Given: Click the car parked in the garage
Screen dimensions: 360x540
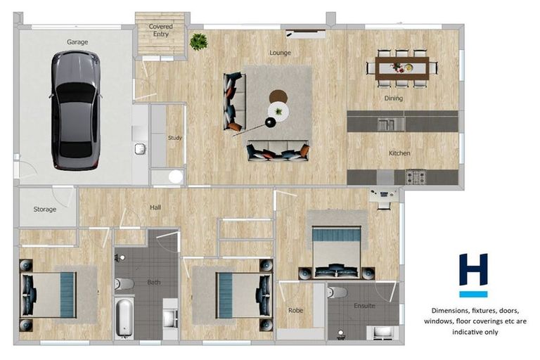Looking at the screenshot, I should [75, 110].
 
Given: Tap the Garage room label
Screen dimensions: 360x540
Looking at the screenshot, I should [77, 42].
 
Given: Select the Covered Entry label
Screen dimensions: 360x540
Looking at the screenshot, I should [160, 30].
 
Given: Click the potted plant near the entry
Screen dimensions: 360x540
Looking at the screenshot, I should [198, 41].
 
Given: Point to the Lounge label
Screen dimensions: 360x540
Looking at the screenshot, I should [280, 53].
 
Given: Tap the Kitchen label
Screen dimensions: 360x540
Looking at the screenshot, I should [399, 153].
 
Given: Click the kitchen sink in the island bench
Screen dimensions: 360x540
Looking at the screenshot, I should [386, 124].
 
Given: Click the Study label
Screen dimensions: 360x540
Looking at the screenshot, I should [174, 138].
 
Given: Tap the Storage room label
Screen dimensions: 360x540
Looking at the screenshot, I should [44, 210].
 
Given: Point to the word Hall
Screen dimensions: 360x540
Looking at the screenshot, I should [155, 207].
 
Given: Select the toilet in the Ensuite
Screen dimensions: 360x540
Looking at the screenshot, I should [337, 292].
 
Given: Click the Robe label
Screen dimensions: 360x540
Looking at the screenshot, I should [295, 309].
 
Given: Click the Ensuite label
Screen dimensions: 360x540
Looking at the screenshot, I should [364, 306].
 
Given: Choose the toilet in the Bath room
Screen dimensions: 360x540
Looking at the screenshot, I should [124, 284].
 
